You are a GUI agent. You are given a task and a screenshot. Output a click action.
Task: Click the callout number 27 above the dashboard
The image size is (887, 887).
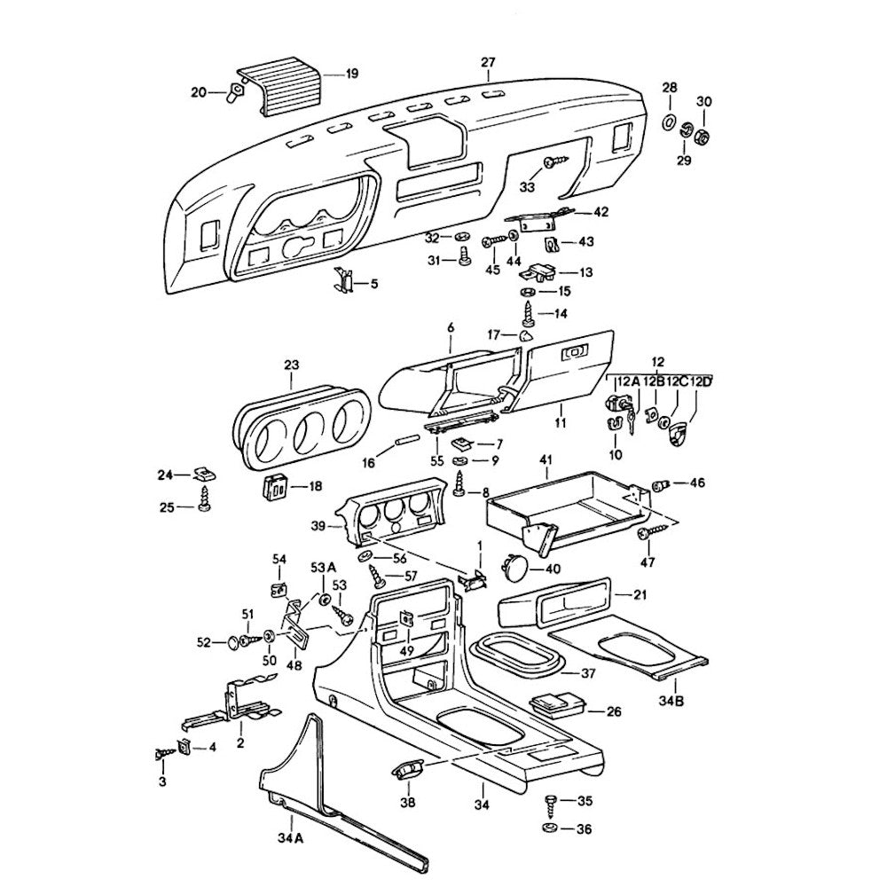pyautogui.click(x=488, y=61)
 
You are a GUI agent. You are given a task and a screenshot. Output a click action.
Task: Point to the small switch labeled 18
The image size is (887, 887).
pyautogui.click(x=275, y=485)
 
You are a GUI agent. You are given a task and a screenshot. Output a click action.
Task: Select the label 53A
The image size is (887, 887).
pyautogui.click(x=323, y=567)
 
